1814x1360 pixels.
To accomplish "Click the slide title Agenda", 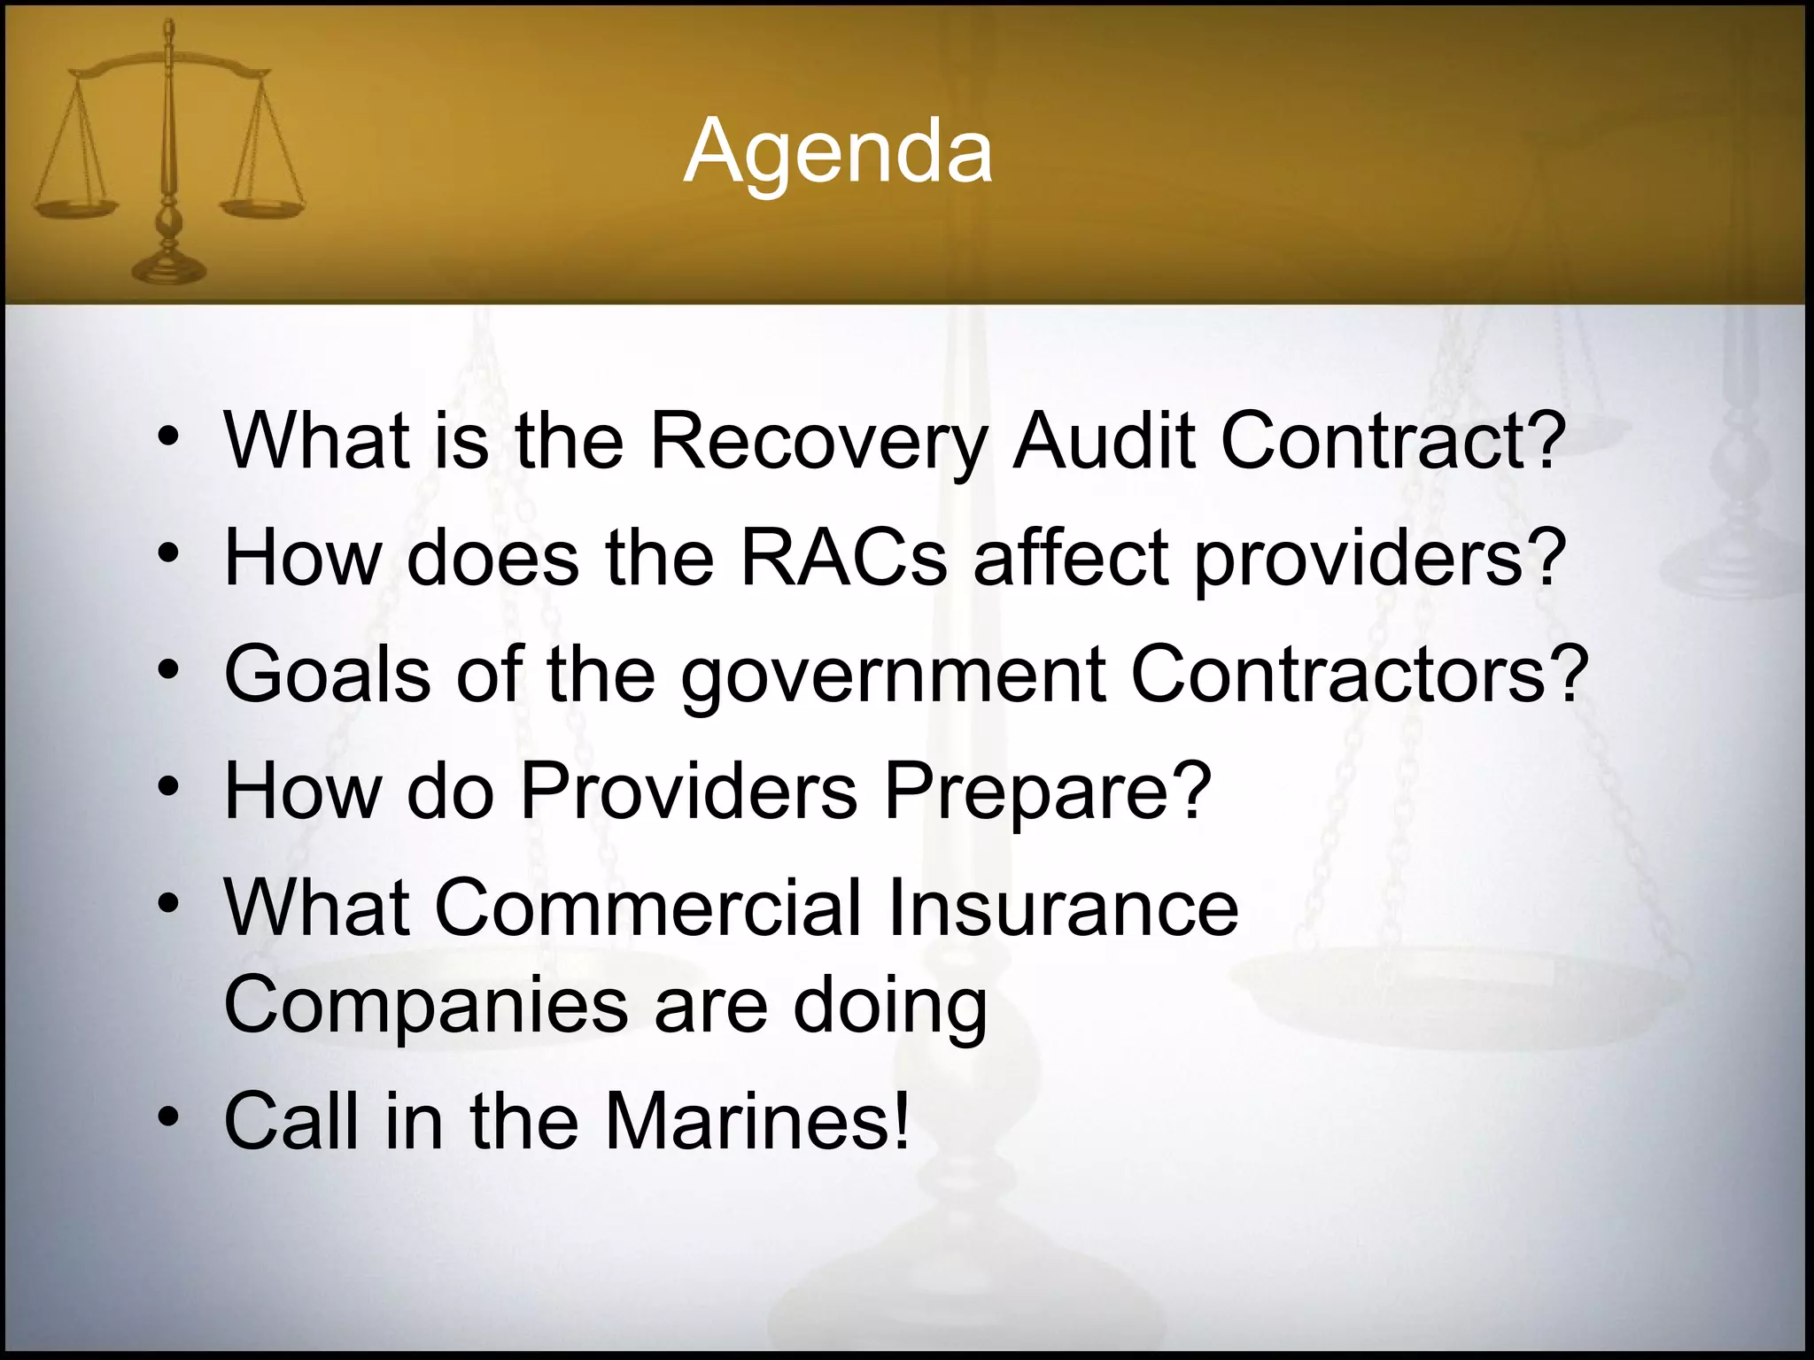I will [838, 152].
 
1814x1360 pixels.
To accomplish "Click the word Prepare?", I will [1047, 791].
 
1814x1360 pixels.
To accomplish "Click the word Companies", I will [426, 1006].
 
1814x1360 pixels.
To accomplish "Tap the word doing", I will [889, 1008].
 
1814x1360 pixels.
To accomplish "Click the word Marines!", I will [757, 1121].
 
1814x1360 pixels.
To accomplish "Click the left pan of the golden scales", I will [74, 208].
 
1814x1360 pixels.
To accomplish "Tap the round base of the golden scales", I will [167, 267].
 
